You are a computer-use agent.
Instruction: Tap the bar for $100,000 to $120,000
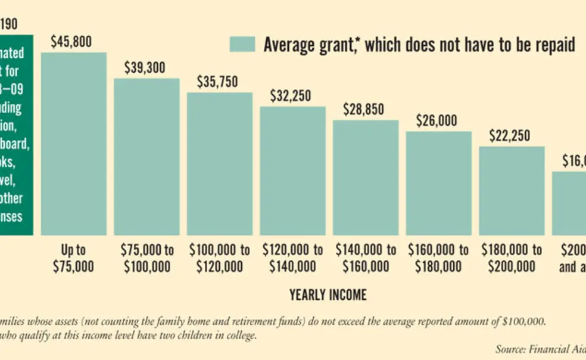pos(220,164)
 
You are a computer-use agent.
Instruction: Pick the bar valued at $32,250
pos(292,170)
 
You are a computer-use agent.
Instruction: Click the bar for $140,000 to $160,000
pos(366,178)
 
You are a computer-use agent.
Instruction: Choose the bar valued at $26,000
pos(438,183)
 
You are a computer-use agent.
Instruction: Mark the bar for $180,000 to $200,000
pos(512,190)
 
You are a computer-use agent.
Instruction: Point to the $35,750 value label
pos(217,82)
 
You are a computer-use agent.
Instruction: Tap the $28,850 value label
pos(363,110)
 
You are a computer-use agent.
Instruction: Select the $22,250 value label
pos(510,136)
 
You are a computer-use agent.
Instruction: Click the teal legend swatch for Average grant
pos(242,44)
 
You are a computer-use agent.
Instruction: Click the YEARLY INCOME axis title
pos(328,294)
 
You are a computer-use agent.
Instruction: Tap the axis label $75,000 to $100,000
pos(146,257)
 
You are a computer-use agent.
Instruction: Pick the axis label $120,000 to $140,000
pos(292,257)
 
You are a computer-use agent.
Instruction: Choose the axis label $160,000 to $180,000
pos(438,257)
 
